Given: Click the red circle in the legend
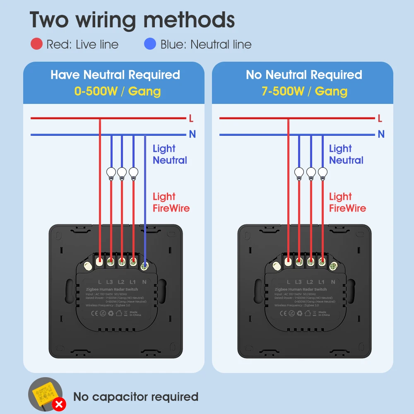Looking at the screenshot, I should pos(36,44).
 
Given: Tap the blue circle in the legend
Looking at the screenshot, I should pos(150,44).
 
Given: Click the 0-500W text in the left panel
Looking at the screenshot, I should pos(96,91).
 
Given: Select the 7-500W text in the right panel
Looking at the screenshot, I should pos(283,91).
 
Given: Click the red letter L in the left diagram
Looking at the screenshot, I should pos(191,119).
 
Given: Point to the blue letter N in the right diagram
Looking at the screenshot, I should pos(381,134).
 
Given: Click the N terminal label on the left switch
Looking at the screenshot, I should pos(144,282).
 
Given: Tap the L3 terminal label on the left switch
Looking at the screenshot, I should pos(110,282).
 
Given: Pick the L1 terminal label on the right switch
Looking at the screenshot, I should pos(321,282).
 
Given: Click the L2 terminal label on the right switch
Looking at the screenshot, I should pos(310,282).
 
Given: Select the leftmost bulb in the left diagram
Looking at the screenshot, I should pos(111,173).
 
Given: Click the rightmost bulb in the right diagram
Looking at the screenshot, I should pos(323,173).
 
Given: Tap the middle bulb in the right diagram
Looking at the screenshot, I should pos(311,173).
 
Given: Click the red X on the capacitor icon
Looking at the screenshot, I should pos(61,404).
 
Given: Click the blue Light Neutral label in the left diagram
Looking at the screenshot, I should pos(170,154).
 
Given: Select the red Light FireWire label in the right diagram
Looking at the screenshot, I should pos(347,202).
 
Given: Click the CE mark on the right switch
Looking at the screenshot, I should pos(283,313).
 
